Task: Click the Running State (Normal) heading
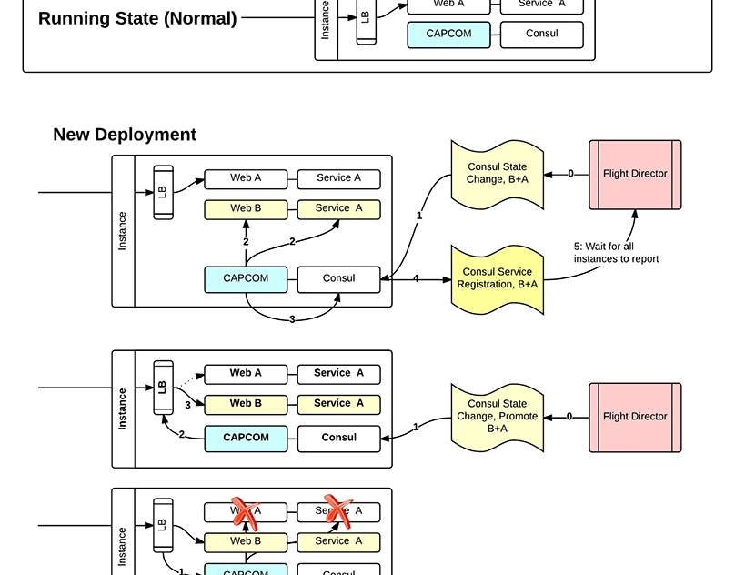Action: click(x=137, y=18)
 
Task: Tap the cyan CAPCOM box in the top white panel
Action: click(x=448, y=35)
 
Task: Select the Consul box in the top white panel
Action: click(x=541, y=35)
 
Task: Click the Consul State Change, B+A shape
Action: click(x=498, y=174)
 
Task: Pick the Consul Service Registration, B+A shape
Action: click(x=498, y=278)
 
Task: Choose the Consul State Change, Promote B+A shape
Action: click(x=498, y=417)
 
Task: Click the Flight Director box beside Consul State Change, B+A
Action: click(x=635, y=174)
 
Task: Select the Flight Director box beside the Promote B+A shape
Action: click(x=635, y=417)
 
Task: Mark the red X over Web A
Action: click(x=244, y=512)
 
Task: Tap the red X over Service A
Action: click(x=337, y=511)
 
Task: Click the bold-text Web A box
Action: click(x=246, y=373)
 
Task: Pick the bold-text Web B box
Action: click(x=246, y=404)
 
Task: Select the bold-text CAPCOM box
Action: click(x=246, y=438)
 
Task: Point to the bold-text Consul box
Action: click(x=338, y=438)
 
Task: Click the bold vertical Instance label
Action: click(x=123, y=409)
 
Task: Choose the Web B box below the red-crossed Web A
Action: click(x=246, y=541)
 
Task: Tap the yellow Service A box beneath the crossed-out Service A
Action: click(x=338, y=541)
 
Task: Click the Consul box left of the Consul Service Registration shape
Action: click(x=338, y=278)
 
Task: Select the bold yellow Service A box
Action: click(x=338, y=404)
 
